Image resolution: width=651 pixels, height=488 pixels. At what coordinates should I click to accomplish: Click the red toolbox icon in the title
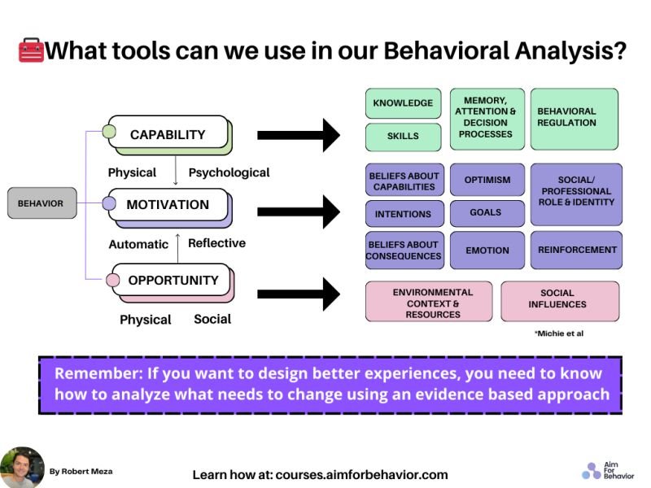tap(31, 52)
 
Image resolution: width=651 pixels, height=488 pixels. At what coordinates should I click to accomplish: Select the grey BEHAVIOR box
tap(42, 203)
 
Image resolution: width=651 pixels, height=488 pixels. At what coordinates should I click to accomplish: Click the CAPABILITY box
tap(168, 134)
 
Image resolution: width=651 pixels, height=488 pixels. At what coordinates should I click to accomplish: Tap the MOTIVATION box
tap(168, 205)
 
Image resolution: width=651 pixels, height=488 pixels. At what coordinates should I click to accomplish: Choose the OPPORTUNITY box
tap(173, 281)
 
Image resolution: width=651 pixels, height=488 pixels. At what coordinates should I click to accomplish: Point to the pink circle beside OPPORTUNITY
tap(113, 281)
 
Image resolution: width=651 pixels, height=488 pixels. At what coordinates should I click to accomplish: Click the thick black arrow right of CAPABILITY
tap(298, 135)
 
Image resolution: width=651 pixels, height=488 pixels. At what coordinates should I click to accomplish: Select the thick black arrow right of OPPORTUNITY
tap(298, 294)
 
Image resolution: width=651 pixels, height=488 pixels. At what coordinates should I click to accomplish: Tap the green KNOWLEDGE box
tap(403, 103)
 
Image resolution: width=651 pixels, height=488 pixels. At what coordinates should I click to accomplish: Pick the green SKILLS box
tap(403, 137)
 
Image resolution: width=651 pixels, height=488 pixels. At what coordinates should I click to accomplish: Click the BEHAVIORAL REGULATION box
tap(574, 119)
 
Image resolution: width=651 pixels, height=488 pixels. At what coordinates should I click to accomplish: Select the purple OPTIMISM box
tap(487, 180)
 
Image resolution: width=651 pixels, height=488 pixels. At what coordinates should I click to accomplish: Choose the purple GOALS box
tap(487, 213)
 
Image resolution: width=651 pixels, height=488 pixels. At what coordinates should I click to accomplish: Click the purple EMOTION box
tap(487, 251)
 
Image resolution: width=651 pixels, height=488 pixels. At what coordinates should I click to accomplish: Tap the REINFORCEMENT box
tap(576, 251)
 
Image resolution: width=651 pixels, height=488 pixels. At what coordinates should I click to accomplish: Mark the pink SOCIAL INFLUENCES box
tap(559, 299)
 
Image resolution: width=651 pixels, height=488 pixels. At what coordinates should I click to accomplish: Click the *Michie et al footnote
tap(559, 333)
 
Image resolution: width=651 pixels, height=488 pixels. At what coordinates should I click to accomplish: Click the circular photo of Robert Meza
tap(22, 468)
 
